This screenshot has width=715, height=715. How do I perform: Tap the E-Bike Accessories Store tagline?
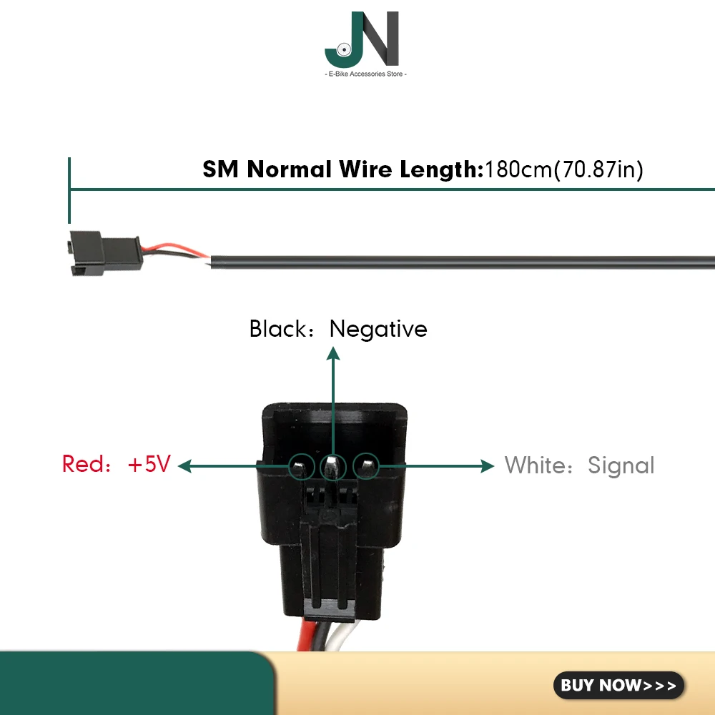click(365, 74)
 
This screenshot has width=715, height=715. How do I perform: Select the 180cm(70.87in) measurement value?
click(564, 170)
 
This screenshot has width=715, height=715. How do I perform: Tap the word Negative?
click(378, 329)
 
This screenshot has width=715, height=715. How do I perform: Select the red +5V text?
click(149, 464)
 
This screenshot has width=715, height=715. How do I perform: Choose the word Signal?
click(621, 465)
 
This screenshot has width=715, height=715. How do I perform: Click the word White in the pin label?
click(535, 465)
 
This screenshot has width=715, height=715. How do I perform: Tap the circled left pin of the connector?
click(301, 468)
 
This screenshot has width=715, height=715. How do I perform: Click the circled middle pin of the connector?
click(332, 468)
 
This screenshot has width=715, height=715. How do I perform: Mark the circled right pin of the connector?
click(366, 467)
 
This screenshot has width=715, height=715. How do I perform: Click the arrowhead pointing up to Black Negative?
click(332, 352)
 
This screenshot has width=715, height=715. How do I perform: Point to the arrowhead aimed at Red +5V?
click(184, 466)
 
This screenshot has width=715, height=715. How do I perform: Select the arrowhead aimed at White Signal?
click(488, 466)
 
